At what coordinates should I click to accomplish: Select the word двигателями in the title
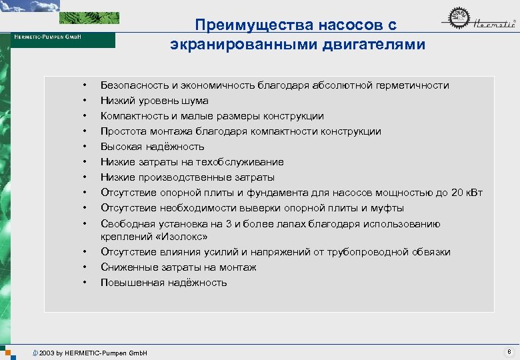pos(368,45)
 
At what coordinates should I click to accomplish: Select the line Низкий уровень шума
pos(154,101)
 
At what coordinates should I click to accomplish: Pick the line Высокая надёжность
pos(152,147)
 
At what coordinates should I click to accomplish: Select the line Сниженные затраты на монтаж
pos(178,267)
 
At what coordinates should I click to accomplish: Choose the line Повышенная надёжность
pos(163,283)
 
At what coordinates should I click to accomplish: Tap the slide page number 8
pos(509,351)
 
